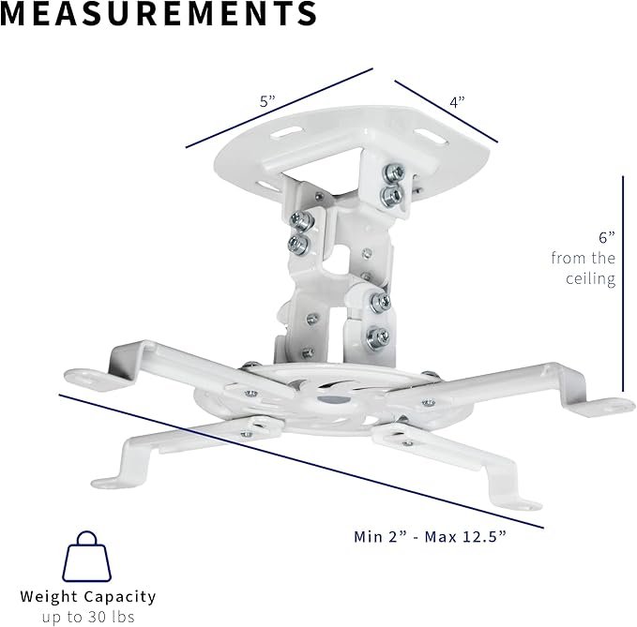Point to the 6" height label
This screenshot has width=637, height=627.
606,238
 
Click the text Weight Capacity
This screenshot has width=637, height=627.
88,596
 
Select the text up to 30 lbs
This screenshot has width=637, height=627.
88,617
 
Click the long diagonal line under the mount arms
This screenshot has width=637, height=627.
300,459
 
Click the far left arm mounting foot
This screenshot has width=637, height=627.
89,377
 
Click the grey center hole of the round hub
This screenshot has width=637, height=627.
328,396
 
